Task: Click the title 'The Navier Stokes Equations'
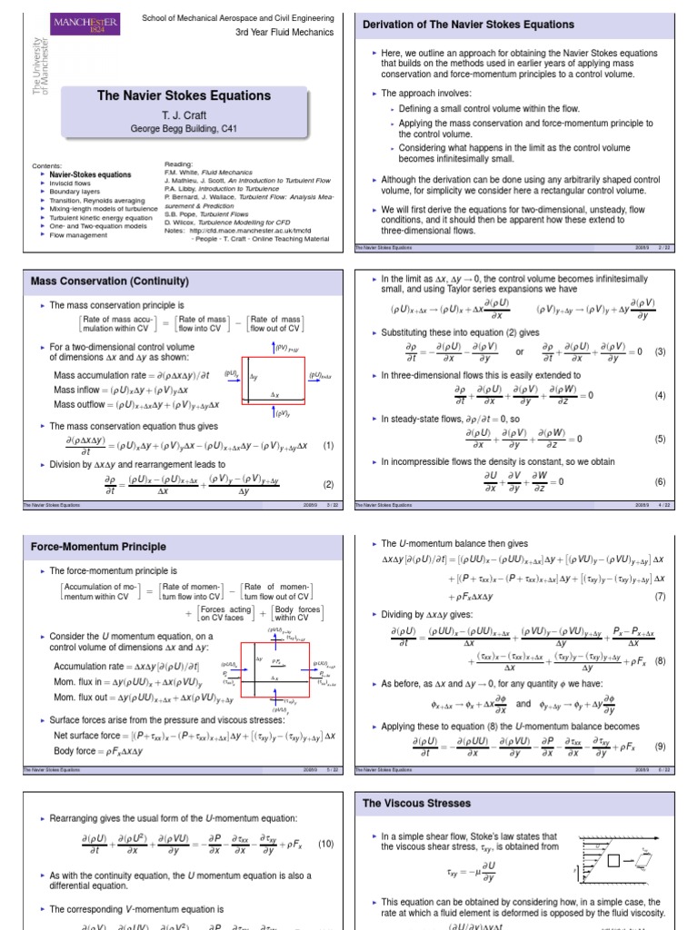183,95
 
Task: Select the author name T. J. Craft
184,114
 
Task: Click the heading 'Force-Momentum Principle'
98,547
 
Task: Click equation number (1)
328,445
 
